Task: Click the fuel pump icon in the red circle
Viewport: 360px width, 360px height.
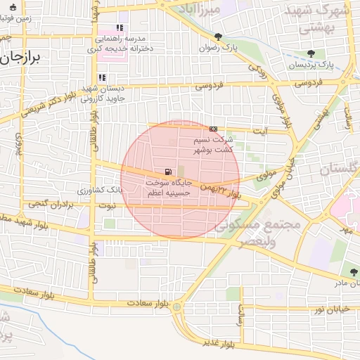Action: pos(167,172)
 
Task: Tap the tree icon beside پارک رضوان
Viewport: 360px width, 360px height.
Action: pos(219,37)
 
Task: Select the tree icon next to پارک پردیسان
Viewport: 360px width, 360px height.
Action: pos(311,53)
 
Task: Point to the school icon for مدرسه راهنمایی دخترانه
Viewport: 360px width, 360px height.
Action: pos(120,28)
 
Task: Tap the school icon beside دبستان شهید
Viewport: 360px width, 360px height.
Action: pos(102,78)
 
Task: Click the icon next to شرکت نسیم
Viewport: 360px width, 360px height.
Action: pos(213,129)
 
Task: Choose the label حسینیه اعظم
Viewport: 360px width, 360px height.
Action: pos(167,192)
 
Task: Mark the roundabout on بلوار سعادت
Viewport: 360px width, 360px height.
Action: pos(176,307)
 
